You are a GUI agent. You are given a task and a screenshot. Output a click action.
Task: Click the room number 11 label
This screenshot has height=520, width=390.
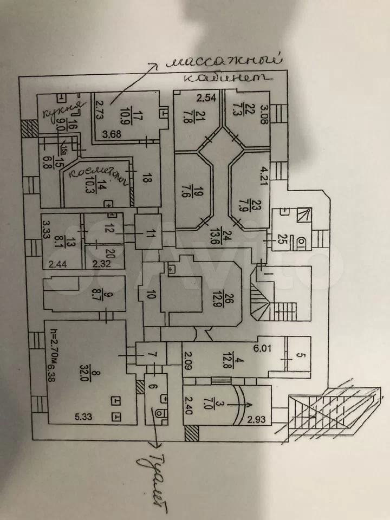[150, 233]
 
